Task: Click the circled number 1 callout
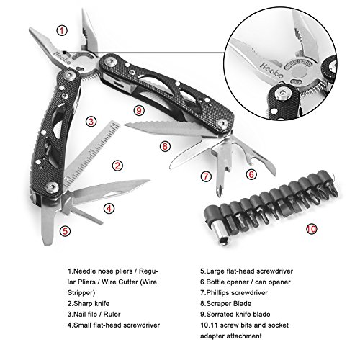(x=62, y=31)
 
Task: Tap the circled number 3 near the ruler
(x=91, y=122)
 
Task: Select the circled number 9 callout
(x=139, y=111)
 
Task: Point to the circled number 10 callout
(x=312, y=229)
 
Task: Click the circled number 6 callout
(x=251, y=174)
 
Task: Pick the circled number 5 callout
(x=66, y=231)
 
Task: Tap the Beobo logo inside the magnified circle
(x=271, y=70)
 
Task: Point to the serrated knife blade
(x=166, y=127)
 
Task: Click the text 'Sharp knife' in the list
(x=91, y=304)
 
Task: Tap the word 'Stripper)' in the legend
(x=81, y=293)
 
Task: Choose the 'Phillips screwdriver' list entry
(x=234, y=293)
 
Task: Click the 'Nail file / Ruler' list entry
(x=94, y=315)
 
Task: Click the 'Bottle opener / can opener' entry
(x=246, y=282)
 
